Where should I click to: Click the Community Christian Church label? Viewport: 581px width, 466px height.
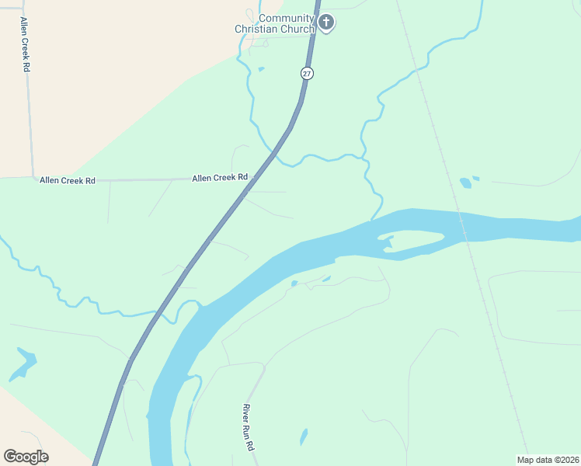276,23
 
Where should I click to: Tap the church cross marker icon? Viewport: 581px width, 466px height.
326,23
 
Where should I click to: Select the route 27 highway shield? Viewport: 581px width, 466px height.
307,73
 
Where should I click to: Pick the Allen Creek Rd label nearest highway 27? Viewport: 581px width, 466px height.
220,178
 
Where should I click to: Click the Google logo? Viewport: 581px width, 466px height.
26,456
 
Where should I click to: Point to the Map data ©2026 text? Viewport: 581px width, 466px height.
548,459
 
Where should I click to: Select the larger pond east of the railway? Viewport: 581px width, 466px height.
465,183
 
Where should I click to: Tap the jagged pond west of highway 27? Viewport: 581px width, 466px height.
23,363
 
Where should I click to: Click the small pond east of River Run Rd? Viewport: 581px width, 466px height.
304,436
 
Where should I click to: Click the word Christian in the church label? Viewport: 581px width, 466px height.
274,30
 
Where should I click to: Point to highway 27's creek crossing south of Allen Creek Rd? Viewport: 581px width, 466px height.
157,316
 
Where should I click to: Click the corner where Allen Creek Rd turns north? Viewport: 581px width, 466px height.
33,177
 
